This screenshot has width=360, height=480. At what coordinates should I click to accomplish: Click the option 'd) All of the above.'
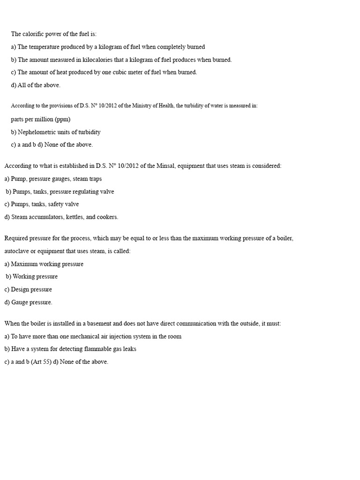coord(36,85)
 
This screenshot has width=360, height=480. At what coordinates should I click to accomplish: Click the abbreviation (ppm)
coord(62,119)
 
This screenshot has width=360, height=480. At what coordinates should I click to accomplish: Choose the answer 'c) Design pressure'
coord(28,289)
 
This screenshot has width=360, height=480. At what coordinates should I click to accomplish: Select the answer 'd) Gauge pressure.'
coord(28,302)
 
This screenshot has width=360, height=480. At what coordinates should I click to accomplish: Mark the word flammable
coord(91,349)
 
